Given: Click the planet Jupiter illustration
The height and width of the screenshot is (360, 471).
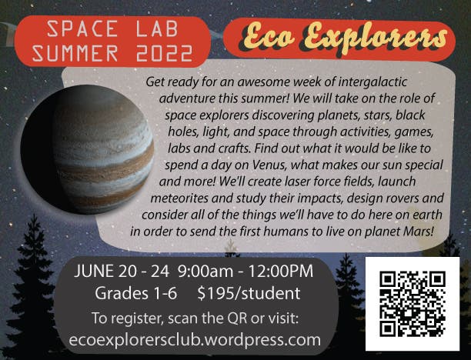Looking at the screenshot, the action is tap(88, 149).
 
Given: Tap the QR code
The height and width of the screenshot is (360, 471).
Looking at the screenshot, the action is tap(413, 304).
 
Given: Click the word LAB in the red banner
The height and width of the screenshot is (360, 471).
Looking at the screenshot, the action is tap(158, 29).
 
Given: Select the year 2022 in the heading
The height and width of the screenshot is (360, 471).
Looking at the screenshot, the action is tap(164, 53).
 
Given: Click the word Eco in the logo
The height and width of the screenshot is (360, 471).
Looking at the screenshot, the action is tap(269, 38).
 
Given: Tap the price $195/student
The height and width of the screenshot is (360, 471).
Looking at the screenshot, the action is tap(249, 293).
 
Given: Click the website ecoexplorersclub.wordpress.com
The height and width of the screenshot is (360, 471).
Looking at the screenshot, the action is tap(195, 340).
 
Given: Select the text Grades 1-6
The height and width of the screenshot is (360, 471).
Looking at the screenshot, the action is tap(135, 293).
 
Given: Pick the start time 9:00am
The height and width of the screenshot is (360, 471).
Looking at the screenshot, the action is tap(205, 271).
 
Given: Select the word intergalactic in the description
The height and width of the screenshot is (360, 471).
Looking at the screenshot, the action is tap(372, 82).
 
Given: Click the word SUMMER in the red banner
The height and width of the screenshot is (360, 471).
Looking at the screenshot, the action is tap(75, 53).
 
